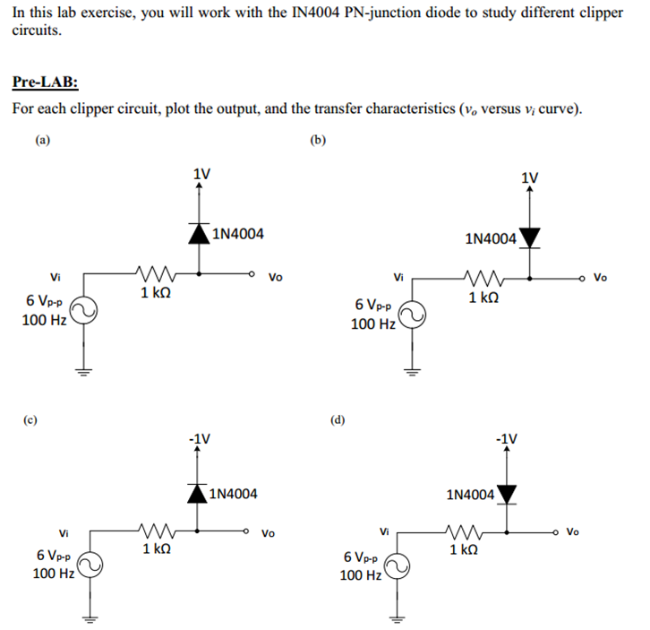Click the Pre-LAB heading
[45, 82]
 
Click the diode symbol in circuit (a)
[200, 233]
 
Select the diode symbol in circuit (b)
[529, 238]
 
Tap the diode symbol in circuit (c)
[197, 494]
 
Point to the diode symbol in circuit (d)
[507, 495]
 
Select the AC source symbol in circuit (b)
[412, 315]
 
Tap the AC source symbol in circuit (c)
[90, 565]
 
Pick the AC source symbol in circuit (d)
[398, 566]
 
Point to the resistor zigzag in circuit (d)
[464, 531]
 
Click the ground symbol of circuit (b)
[412, 372]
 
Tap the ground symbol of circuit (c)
[90, 620]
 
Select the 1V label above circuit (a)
[201, 174]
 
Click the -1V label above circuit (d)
[507, 439]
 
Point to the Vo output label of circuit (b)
[600, 277]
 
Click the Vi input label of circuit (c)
[64, 533]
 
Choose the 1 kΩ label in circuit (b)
[483, 298]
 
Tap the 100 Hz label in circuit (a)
[44, 321]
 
